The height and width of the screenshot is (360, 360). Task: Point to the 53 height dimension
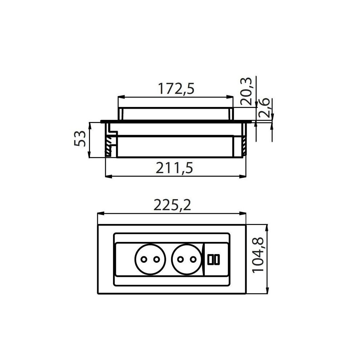point(81,139)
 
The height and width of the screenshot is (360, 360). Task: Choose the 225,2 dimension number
point(172,205)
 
